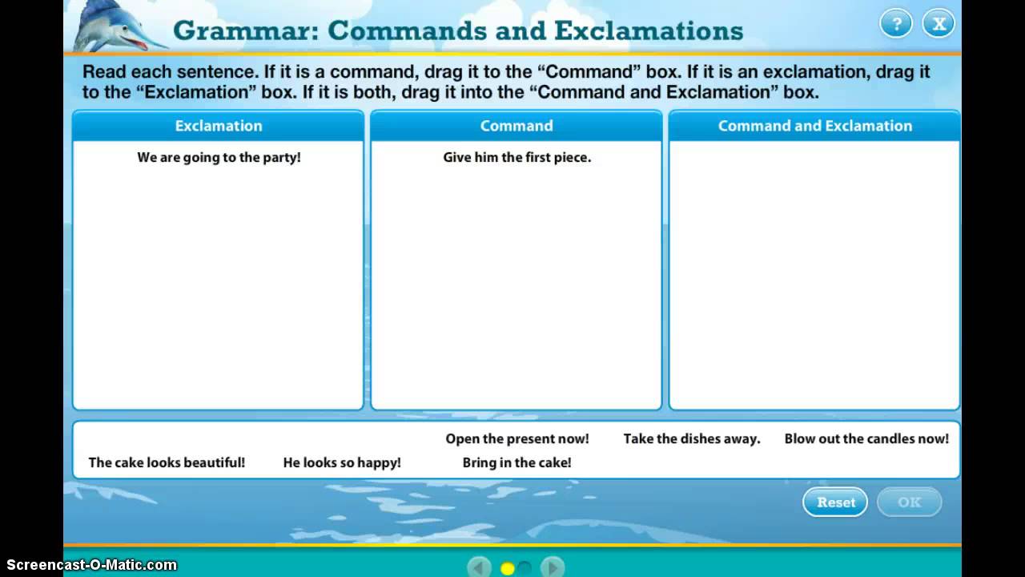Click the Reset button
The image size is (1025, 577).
(835, 502)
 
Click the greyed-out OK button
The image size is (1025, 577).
(909, 502)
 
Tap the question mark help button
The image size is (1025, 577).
(896, 24)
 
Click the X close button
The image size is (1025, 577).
(939, 24)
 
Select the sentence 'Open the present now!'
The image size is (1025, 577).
(517, 439)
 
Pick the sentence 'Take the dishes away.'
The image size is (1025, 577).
(692, 439)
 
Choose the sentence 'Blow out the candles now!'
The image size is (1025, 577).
(866, 439)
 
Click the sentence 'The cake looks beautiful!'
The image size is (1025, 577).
(167, 462)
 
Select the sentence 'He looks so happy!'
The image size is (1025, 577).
(342, 462)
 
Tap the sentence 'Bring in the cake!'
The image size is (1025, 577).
(517, 462)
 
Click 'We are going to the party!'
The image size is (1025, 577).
(219, 158)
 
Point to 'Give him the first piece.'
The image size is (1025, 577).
(517, 158)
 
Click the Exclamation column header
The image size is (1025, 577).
(219, 126)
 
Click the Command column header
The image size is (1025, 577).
(517, 126)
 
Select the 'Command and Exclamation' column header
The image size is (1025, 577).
(814, 126)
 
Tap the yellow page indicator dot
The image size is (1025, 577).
(507, 568)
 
